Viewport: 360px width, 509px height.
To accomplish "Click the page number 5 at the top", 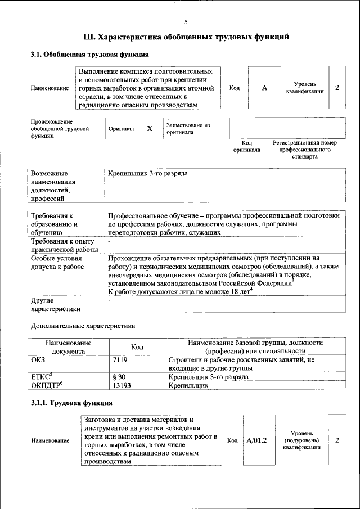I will tap(186, 22).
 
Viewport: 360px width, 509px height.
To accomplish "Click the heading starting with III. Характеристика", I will tap(186, 38).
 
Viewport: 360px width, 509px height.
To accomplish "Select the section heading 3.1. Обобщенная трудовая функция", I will tap(89, 55).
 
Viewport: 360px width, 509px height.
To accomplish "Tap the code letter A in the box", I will tap(264, 88).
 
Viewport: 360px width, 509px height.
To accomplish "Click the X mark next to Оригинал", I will tap(150, 128).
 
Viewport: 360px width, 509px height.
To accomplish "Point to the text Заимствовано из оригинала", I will tap(187, 128).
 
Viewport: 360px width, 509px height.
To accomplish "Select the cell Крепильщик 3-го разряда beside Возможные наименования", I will tap(148, 174).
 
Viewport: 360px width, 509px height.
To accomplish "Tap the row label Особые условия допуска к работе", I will tap(56, 263).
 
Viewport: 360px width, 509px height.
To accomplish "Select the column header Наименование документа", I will tap(69, 346).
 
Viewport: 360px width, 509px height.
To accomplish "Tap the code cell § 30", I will tap(119, 377).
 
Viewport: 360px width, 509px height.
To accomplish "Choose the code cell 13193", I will tap(122, 386).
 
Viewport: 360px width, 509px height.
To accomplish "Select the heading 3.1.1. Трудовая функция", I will tap(71, 403).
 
